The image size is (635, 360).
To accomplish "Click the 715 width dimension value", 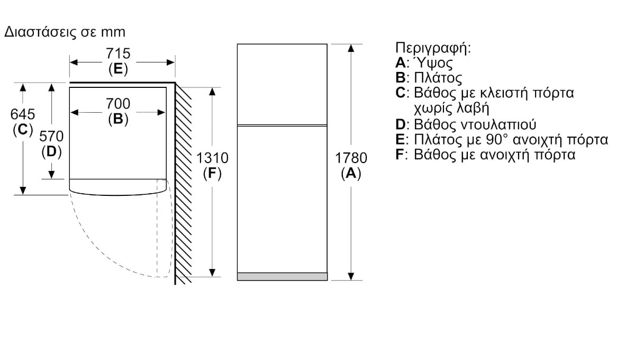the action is (x=118, y=53).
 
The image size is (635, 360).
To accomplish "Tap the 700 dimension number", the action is (x=118, y=104).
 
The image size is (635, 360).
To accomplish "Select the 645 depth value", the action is (x=23, y=114).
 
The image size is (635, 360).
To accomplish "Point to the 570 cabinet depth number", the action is (x=51, y=136).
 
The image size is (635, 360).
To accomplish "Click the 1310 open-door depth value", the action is (x=212, y=158).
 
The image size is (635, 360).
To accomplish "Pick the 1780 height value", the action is (x=351, y=158).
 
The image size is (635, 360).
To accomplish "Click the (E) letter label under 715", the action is (x=118, y=69).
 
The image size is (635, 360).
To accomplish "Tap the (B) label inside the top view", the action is (x=118, y=119).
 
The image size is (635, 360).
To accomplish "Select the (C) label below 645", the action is (x=23, y=130).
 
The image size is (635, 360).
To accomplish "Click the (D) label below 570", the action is (x=51, y=152).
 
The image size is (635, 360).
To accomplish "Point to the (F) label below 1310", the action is (x=212, y=173).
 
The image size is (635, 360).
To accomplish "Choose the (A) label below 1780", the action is (x=351, y=173).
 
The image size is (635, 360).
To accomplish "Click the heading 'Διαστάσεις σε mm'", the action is (x=65, y=32).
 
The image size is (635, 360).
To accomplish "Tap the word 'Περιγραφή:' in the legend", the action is (x=433, y=48).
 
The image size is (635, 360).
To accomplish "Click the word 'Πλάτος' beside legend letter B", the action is (x=438, y=78).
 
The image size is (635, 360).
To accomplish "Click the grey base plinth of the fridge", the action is (x=283, y=277).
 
